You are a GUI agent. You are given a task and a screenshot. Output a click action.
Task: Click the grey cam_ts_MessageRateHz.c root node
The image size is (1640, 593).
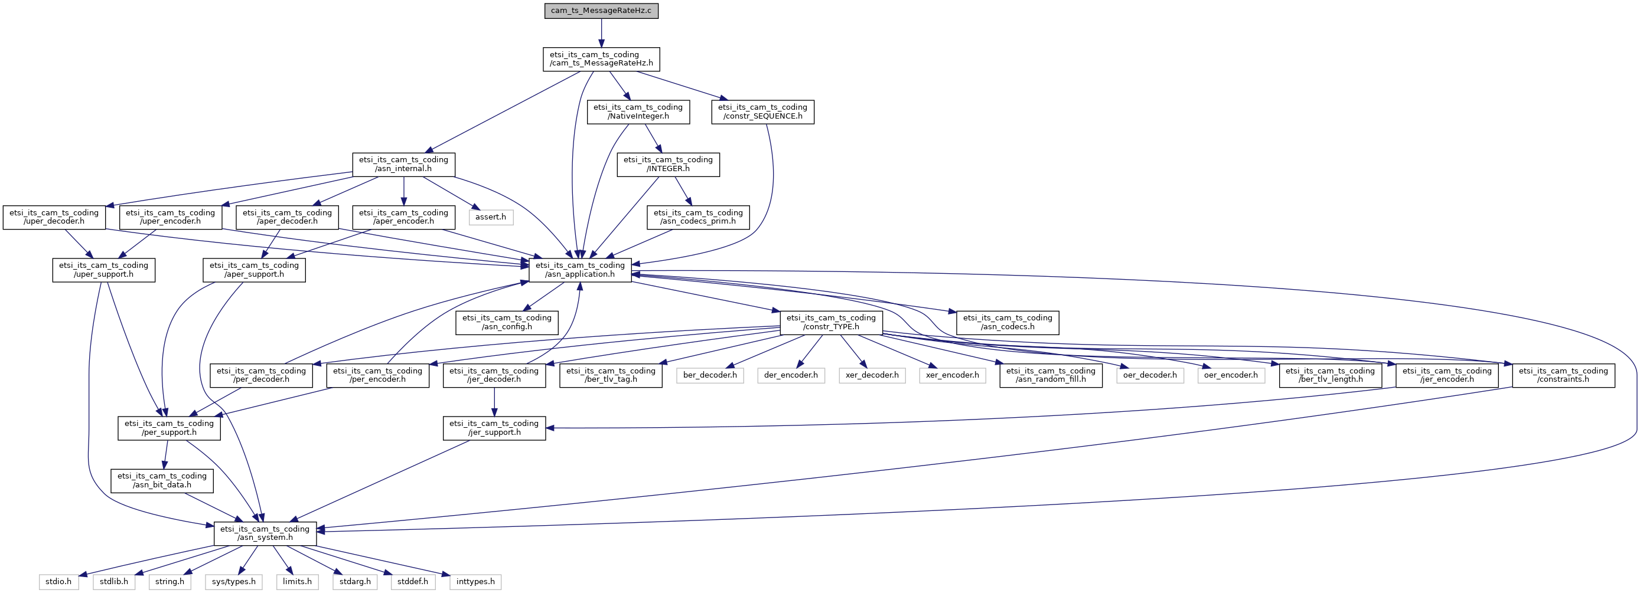(601, 11)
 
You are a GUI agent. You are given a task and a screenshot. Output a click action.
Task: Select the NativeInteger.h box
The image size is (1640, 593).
(638, 112)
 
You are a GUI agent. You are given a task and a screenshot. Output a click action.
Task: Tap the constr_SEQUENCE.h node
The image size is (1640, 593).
(762, 112)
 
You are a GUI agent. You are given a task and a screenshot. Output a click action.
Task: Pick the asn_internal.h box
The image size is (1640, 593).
(403, 164)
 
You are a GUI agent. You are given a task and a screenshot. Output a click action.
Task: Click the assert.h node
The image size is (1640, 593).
(491, 217)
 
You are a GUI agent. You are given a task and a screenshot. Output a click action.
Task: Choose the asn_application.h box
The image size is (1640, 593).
(581, 270)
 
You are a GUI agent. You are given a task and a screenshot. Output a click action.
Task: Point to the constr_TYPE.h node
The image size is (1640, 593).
(832, 323)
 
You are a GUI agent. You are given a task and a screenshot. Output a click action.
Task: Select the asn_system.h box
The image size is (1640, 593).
(265, 533)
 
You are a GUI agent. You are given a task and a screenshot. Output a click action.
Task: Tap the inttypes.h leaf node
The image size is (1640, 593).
(475, 582)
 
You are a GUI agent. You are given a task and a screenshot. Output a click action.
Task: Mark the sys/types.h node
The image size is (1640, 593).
(234, 582)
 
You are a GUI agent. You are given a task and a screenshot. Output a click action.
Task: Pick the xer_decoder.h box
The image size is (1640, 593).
(872, 375)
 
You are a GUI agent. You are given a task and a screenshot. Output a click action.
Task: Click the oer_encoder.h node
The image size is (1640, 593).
(1231, 375)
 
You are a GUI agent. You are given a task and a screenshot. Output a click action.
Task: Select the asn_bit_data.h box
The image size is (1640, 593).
(162, 480)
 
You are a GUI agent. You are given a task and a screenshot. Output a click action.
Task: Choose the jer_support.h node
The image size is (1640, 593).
(495, 428)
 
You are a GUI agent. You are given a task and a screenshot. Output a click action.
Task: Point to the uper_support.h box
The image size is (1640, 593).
(104, 270)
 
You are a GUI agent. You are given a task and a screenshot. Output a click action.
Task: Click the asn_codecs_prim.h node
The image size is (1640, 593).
(699, 217)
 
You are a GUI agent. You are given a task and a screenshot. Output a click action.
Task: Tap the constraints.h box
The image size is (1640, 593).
(1564, 375)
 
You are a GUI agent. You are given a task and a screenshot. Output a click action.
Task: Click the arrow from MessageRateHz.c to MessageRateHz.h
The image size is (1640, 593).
(601, 33)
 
